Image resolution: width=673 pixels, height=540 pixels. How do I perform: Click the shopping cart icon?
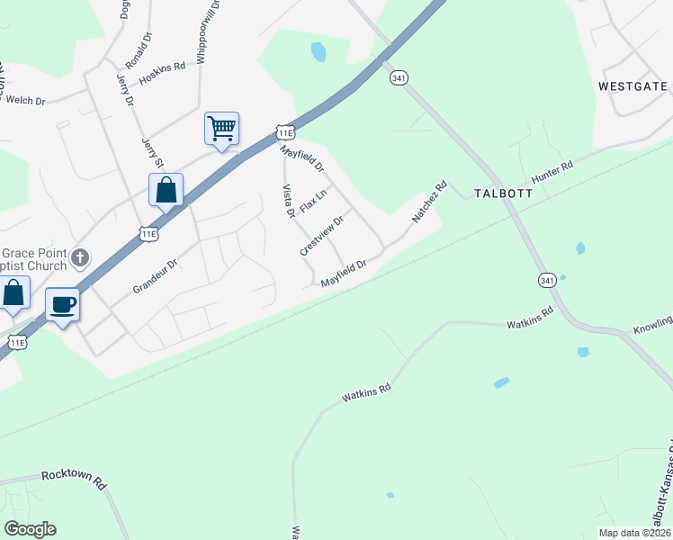[x=221, y=128]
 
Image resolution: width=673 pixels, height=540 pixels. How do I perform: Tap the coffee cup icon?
[x=62, y=304]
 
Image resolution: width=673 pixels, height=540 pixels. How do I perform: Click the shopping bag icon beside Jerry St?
[x=166, y=190]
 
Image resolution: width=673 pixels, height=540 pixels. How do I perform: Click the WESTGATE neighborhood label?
[x=633, y=86]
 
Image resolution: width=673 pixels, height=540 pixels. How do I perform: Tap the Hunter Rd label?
[x=552, y=174]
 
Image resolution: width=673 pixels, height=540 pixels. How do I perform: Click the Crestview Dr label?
[x=322, y=236]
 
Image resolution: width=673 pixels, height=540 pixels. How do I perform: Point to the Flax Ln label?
[x=313, y=202]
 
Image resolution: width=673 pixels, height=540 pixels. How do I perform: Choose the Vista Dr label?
[x=289, y=201]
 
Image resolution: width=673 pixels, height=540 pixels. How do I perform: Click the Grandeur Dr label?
[x=156, y=277]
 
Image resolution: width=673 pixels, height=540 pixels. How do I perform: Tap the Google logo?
[x=30, y=528]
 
